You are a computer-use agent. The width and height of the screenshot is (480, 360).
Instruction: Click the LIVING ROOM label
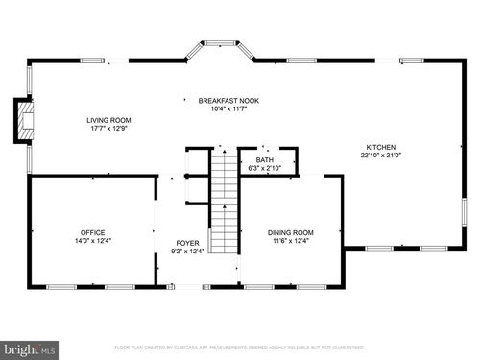coord(108,120)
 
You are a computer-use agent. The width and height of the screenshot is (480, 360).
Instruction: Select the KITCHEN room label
coord(380,147)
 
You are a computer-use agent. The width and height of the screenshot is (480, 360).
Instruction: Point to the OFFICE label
coord(92,232)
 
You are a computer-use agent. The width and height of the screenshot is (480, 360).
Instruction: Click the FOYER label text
coord(187,243)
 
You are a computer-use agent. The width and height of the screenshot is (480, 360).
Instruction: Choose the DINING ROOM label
coord(290,232)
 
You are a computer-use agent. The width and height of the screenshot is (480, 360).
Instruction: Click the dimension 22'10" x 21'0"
coord(380,155)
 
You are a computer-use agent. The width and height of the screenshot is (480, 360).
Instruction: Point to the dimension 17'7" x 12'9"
coord(108,128)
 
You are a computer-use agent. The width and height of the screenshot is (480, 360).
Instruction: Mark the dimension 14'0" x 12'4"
coord(92,240)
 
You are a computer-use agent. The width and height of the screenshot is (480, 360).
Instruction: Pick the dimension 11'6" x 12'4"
coord(290,240)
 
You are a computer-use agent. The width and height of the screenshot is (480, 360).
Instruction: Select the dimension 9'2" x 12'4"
coord(187,251)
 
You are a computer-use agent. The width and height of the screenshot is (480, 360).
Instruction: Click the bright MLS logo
coord(29,348)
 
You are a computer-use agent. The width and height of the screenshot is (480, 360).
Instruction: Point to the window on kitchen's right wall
coord(464,211)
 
